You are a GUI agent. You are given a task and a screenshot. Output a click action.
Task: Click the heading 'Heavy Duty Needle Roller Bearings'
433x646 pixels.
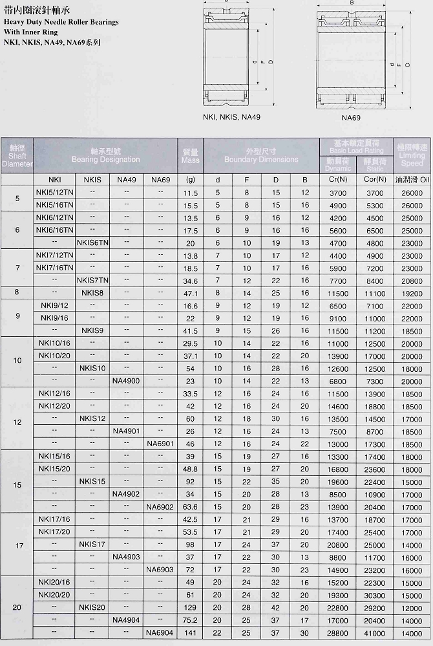coord(61,21)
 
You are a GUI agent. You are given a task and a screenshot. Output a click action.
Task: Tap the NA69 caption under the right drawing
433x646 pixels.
coord(351,118)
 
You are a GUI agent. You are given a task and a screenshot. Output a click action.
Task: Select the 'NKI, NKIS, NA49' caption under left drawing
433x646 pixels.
coord(231,117)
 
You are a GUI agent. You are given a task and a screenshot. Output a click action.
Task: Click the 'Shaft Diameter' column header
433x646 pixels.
coord(17,156)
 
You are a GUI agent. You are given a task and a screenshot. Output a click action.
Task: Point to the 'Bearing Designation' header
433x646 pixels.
coord(105,156)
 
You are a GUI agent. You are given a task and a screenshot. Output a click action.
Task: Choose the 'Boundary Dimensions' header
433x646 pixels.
coord(261,156)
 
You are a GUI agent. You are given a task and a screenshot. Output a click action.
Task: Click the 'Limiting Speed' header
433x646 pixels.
coord(412,156)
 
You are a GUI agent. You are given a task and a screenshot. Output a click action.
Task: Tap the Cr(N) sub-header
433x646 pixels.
coord(338,180)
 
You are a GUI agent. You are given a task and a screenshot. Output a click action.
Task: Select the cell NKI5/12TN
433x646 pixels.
coord(55,193)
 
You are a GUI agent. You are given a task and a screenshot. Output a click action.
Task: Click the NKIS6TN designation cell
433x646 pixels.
coord(92,242)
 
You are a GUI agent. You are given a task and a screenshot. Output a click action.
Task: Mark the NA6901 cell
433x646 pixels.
coord(160,444)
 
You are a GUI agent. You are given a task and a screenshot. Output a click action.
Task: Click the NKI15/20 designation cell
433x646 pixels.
coord(55,469)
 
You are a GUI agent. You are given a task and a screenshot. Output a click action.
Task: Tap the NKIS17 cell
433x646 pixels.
coord(92,544)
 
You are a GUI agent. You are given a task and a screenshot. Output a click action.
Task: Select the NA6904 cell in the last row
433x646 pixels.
coord(160,632)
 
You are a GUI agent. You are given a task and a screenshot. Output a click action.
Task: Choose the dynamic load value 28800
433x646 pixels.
coord(338,632)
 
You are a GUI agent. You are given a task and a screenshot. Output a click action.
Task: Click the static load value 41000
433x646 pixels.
coord(375,632)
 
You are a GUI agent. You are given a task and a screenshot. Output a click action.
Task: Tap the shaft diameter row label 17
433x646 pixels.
coord(17,545)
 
